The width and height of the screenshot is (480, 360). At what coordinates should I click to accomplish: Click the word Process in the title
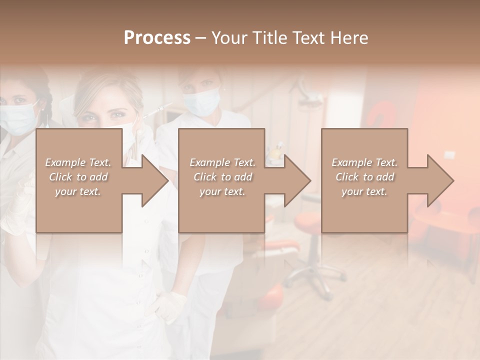tap(157, 38)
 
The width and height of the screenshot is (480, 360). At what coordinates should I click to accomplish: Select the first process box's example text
tap(78, 177)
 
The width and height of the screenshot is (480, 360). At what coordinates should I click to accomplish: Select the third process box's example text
tap(364, 177)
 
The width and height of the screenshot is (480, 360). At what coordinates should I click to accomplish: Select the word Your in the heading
tap(229, 38)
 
